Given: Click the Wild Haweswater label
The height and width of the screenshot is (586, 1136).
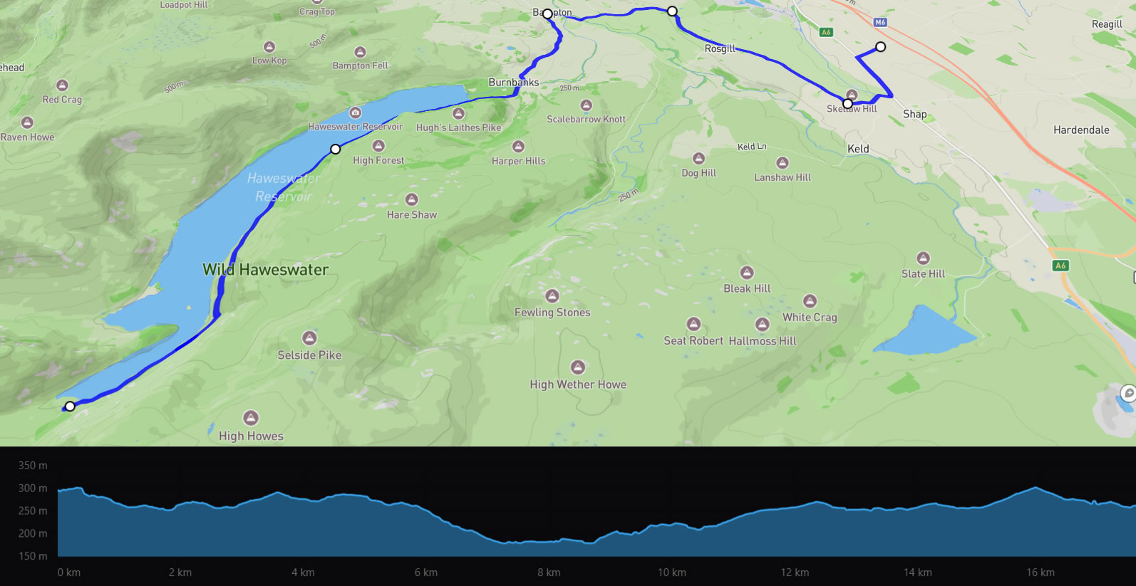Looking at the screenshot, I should coord(265,270).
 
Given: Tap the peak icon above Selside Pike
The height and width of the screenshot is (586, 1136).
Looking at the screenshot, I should coord(309,338).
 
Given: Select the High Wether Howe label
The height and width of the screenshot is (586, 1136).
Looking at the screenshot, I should coord(578,384).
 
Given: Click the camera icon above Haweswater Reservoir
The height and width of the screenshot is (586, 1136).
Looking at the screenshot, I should coord(355,113).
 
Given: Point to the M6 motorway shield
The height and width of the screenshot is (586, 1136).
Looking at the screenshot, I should coord(880,22).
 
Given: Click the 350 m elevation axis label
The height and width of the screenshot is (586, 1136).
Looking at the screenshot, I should coord(33,466).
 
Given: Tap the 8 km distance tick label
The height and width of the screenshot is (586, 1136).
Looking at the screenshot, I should coord(549,572).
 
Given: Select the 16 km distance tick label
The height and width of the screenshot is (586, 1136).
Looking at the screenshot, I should coord(1041,572).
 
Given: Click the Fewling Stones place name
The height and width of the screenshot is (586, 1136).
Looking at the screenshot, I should coord(552,312).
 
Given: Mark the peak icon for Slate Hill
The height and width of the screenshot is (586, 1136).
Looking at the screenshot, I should coord(923,258).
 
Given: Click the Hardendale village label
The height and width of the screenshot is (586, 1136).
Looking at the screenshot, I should coord(1081,130).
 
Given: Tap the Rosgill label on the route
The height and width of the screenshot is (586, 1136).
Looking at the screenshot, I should coord(720,48).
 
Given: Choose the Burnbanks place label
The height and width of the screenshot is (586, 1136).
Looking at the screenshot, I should coord(513,82).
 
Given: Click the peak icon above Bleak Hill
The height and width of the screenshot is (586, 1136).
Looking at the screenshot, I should coord(747,273).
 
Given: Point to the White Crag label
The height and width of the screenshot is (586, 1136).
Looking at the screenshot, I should coord(810,318).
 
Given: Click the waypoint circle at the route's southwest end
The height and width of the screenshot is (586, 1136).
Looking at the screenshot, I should coord(70,407).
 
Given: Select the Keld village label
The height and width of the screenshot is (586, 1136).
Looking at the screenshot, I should coord(858,149).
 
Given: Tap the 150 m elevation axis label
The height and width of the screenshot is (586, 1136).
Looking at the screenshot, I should coord(33,556).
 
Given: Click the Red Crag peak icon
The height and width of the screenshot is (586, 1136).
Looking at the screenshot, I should coord(62,85).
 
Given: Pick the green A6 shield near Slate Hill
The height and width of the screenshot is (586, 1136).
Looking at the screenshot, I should coord(1060,266).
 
